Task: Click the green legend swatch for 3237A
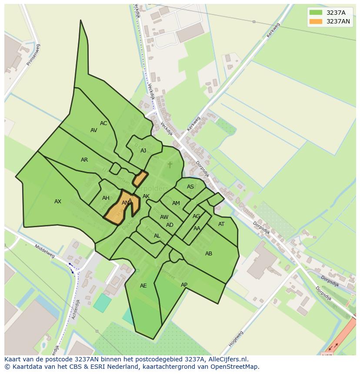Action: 316,13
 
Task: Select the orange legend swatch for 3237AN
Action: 316,21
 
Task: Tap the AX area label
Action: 58,202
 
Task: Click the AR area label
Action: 84,160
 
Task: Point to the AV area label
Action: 94,130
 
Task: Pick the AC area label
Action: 103,123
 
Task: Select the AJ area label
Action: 143,151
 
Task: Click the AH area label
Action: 106,198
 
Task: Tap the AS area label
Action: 190,187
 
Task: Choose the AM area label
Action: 176,203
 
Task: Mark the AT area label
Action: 221,224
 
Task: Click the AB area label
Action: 209,254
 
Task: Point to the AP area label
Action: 184,285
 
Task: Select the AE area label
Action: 143,286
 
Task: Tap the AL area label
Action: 157,236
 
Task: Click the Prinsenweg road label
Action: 33,55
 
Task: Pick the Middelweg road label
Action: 45,251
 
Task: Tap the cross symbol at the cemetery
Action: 170,165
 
